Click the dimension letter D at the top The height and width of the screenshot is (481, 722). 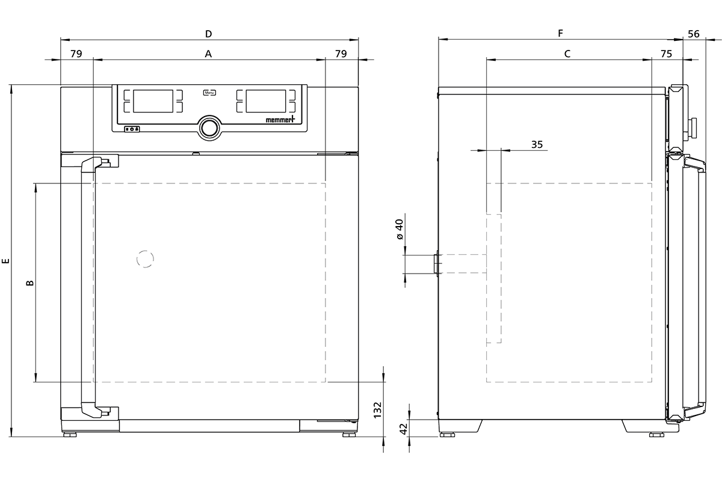point(209,34)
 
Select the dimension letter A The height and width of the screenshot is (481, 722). point(208,54)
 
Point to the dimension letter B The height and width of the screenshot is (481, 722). point(30,283)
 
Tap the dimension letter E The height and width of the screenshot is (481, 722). point(6,261)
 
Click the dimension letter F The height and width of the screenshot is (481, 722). point(561,33)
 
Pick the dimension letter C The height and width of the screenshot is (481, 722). point(567,54)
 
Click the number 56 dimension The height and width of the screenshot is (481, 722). point(694,34)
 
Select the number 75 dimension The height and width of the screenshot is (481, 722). point(667,54)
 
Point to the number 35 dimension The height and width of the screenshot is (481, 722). point(537,144)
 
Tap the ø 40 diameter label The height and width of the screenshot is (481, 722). point(400,230)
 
